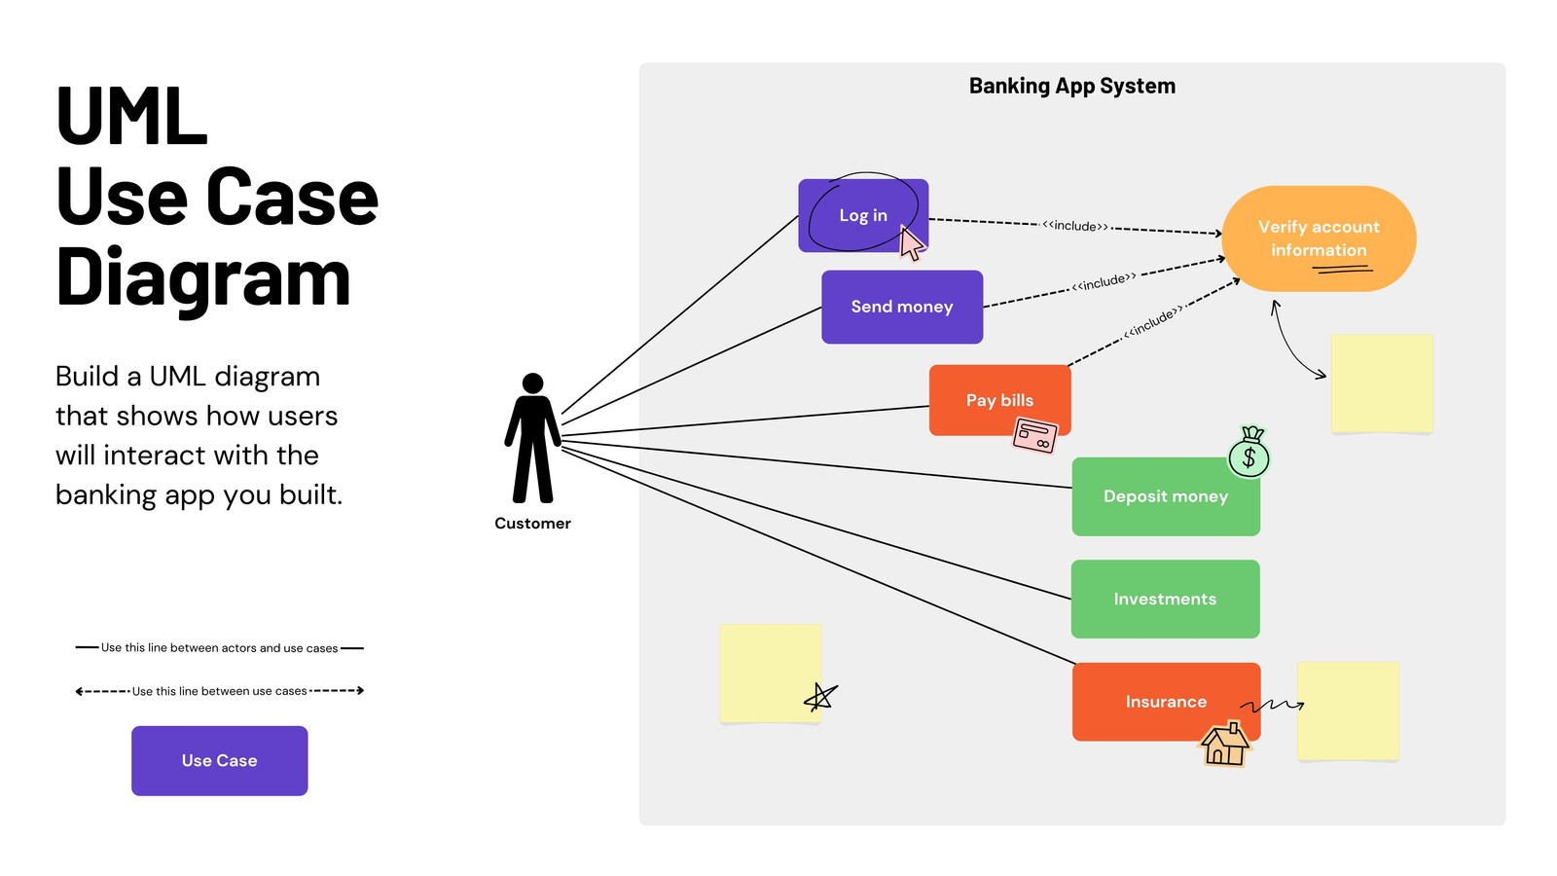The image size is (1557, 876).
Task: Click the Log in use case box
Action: click(x=863, y=215)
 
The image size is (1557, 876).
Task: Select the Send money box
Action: click(x=902, y=307)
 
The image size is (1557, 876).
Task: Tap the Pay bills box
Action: click(x=999, y=400)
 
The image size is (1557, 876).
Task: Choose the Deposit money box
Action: click(x=1166, y=496)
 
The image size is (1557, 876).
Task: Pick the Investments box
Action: click(x=1165, y=599)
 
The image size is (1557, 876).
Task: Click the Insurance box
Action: click(x=1167, y=702)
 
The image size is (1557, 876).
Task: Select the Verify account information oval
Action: click(x=1319, y=238)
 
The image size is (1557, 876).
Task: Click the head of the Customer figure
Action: click(x=532, y=383)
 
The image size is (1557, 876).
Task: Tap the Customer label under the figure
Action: click(x=532, y=524)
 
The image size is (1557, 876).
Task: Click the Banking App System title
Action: click(x=1071, y=86)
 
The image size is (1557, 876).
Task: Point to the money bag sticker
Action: click(x=1249, y=452)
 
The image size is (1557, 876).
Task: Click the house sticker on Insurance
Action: click(x=1225, y=744)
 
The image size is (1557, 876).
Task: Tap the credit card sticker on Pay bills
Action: click(x=1035, y=435)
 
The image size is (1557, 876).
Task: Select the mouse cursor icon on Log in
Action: click(x=911, y=242)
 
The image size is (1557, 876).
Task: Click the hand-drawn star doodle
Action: click(x=820, y=697)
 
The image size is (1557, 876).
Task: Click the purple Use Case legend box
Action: click(x=220, y=760)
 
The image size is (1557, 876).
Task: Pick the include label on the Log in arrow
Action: click(x=1074, y=225)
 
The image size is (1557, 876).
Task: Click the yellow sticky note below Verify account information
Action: click(x=1382, y=383)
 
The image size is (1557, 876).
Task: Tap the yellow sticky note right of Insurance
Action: click(x=1348, y=712)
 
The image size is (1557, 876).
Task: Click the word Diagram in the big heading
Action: click(x=203, y=278)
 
